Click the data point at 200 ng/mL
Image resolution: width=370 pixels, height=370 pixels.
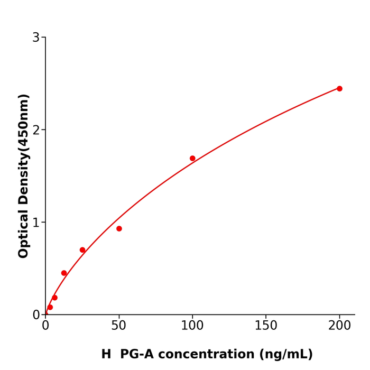(339, 89)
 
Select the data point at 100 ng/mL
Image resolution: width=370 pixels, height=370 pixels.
(192, 159)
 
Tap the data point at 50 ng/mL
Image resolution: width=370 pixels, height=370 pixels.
(119, 229)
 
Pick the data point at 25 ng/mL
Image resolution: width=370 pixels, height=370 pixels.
(82, 250)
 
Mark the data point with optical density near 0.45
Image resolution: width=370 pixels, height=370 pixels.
(64, 273)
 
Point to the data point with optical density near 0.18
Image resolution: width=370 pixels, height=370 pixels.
(54, 298)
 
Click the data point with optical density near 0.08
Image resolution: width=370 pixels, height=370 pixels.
(50, 307)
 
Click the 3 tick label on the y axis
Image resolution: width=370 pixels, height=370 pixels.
(36, 38)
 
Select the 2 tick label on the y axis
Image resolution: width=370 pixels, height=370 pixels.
(36, 130)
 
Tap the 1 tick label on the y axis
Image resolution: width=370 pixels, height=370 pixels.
(36, 223)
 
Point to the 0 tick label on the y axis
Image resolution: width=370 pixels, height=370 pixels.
(36, 315)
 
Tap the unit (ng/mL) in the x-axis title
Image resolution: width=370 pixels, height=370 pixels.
(288, 355)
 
